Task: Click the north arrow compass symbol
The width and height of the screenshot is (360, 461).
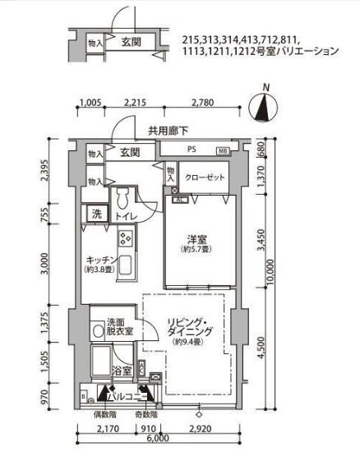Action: tap(265, 104)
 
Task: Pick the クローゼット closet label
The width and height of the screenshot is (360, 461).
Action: tap(202, 177)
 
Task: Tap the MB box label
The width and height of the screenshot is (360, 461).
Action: tap(224, 151)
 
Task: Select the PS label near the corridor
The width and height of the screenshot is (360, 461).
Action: tap(192, 150)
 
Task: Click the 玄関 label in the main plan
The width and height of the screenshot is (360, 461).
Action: tap(128, 153)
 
